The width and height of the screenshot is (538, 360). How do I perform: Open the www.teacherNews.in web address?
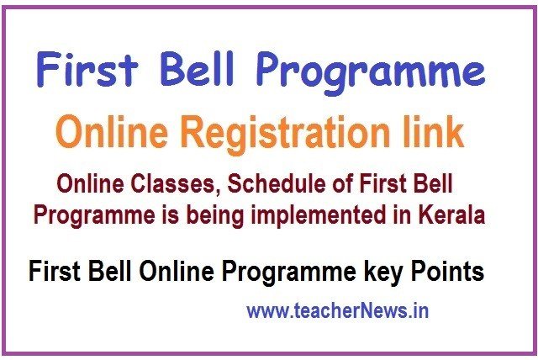coord(338,310)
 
